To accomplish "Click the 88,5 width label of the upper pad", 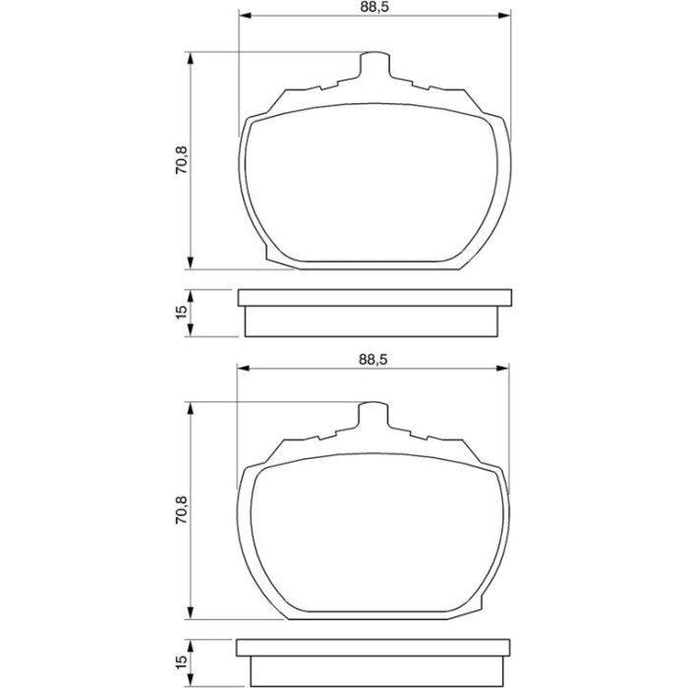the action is click(374, 7).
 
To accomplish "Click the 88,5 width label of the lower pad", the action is click(373, 360).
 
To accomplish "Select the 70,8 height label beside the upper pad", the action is click(181, 159).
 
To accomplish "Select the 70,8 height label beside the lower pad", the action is click(181, 510).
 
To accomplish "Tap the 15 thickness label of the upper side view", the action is click(181, 313).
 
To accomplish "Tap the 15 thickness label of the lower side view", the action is click(181, 662).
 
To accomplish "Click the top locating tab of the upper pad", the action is click(374, 66).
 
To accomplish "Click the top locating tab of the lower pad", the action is click(373, 415).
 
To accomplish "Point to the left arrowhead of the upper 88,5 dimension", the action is click(245, 16).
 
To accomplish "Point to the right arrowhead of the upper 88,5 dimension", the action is click(504, 16).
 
